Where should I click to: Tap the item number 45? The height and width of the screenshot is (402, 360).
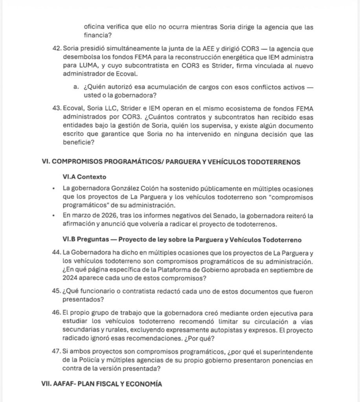point(57,292)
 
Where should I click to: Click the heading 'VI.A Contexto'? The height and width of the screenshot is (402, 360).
point(84,177)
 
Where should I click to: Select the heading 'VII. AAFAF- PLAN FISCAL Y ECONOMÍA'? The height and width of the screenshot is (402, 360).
point(101,384)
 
